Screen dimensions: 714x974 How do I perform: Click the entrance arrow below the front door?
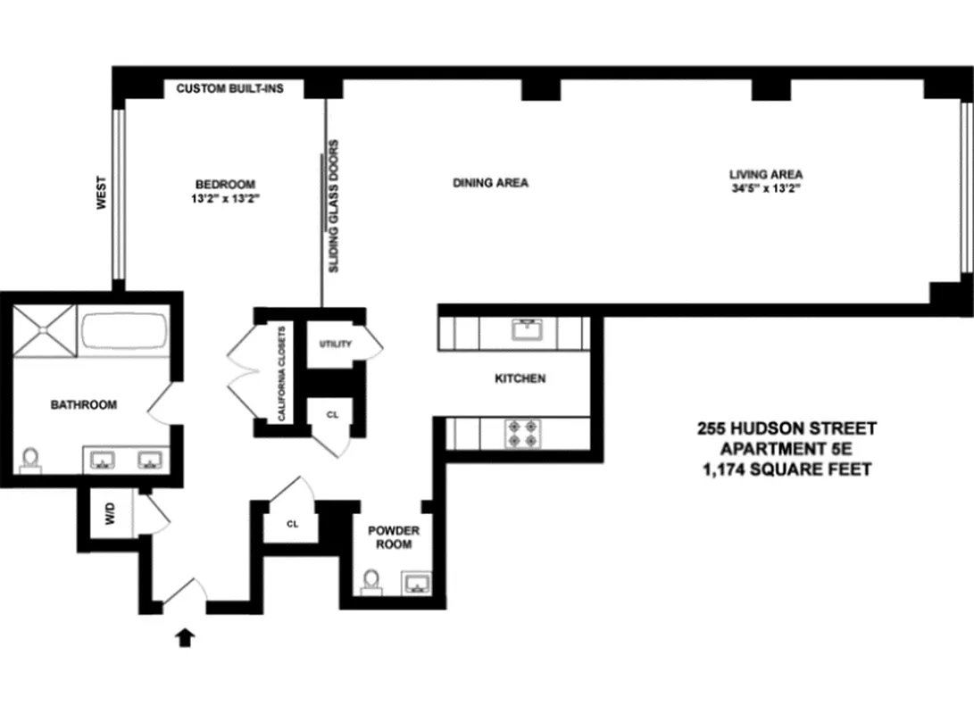(186, 636)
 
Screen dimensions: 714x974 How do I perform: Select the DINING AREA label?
(490, 183)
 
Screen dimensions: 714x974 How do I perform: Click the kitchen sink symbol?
(529, 331)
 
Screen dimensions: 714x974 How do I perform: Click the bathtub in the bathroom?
(124, 332)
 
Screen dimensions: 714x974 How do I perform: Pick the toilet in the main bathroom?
(30, 459)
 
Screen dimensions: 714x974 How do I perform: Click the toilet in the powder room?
(371, 583)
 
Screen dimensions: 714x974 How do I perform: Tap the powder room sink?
(416, 585)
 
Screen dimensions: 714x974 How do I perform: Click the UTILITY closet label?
(335, 345)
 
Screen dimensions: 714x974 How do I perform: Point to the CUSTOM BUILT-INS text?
(230, 88)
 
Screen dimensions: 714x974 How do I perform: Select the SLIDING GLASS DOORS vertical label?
(335, 205)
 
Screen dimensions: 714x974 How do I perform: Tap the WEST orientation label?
(102, 192)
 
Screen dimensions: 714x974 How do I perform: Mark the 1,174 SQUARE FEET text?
(786, 469)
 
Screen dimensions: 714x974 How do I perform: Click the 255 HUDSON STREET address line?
(786, 429)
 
